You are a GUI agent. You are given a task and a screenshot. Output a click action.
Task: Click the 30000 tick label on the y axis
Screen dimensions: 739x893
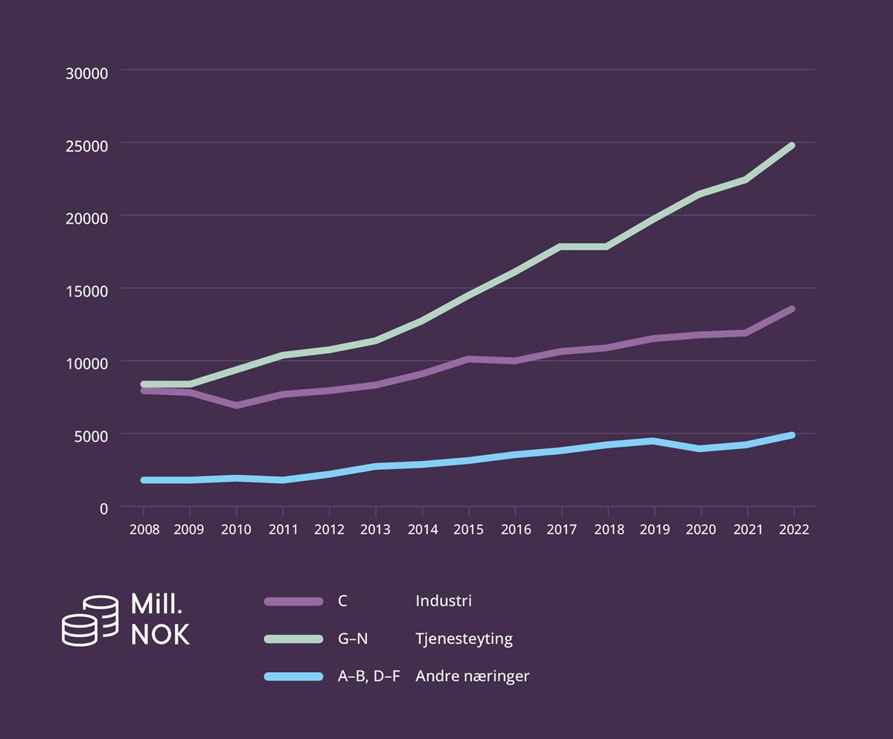pos(88,73)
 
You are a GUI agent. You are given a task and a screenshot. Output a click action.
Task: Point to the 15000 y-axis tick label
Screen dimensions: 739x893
pos(88,291)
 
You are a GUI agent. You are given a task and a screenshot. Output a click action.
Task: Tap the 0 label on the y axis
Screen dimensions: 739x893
pos(103,509)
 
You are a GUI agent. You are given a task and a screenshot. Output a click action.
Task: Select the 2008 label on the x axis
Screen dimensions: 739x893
pos(144,529)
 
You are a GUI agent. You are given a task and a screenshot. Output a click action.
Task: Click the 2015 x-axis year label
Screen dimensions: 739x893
pos(469,529)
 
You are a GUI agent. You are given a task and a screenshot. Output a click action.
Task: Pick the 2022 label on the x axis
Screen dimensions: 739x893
pos(794,529)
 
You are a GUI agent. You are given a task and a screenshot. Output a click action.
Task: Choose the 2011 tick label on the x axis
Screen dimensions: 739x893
pos(283,529)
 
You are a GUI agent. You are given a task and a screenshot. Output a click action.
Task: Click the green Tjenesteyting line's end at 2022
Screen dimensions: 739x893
pos(792,146)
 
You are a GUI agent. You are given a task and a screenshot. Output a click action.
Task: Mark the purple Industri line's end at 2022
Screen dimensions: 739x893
pos(792,309)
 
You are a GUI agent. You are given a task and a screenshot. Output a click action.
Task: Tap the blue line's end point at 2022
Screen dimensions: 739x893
pos(792,435)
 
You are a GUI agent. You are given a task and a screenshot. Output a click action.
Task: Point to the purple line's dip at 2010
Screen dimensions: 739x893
pos(237,405)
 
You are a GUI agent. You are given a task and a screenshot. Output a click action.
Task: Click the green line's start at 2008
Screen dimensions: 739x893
pos(144,384)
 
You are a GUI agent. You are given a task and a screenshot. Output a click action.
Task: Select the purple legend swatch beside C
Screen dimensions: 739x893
pos(293,601)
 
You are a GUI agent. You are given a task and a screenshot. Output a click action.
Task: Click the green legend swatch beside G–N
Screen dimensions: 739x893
pos(293,639)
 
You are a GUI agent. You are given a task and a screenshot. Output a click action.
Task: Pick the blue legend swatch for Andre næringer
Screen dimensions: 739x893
pos(293,677)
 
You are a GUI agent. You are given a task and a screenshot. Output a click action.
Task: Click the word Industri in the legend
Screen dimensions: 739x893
pos(444,601)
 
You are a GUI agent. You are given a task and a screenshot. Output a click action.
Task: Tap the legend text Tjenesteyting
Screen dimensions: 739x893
pos(464,639)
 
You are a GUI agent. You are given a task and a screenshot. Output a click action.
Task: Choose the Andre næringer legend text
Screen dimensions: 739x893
pos(473,677)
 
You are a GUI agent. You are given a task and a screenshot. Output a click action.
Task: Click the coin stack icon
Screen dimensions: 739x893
pos(89,620)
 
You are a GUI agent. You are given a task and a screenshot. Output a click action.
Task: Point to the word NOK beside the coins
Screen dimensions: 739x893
pos(160,635)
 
